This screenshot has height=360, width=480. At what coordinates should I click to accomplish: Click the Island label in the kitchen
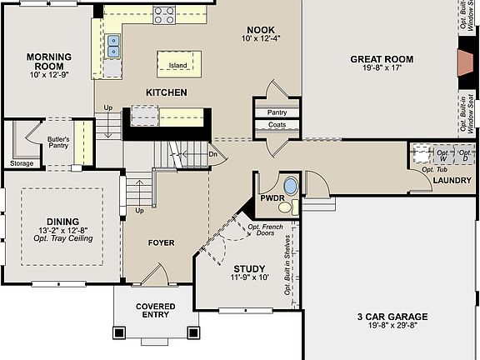click(x=178, y=65)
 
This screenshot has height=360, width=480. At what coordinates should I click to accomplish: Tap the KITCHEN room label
click(x=167, y=92)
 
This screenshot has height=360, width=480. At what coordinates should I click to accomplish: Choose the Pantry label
click(x=277, y=112)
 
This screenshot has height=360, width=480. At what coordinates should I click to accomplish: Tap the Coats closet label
click(x=277, y=125)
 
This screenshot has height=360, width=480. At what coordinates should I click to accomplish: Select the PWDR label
click(x=272, y=198)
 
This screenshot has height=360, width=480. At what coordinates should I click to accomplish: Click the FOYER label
click(x=162, y=242)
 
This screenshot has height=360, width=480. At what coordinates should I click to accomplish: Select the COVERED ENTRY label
click(x=156, y=310)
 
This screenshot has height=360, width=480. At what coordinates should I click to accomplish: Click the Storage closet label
click(x=22, y=163)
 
